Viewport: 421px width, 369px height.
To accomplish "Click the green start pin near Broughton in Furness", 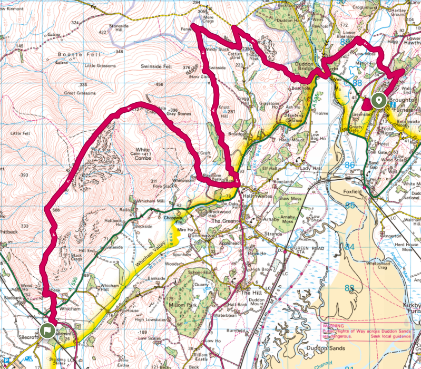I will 377,100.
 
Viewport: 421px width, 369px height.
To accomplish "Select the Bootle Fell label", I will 75,54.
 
